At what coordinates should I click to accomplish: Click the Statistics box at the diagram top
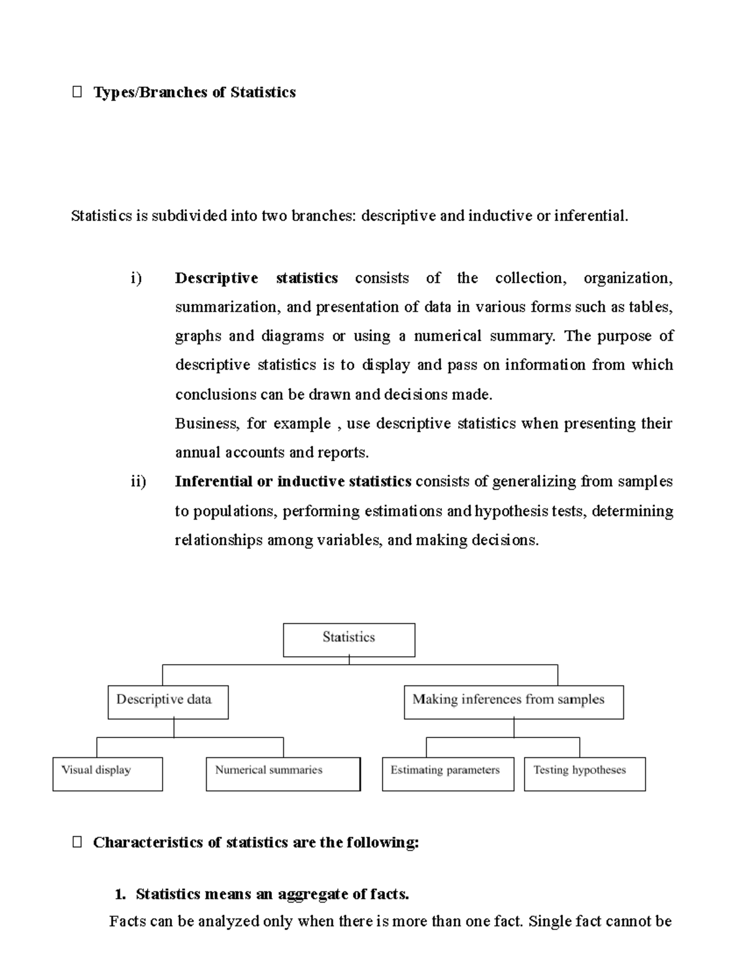coord(349,640)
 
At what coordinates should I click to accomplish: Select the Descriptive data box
coord(168,702)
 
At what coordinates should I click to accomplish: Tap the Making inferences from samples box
coord(513,702)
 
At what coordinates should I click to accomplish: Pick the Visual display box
coord(107,773)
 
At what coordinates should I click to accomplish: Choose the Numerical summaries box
coord(283,773)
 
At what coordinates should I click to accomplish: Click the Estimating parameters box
coord(448,773)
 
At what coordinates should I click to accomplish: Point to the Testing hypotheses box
coord(584,773)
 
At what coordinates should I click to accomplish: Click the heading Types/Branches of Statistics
coord(194,92)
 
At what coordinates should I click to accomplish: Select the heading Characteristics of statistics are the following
coord(256,842)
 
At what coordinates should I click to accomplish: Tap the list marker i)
coord(136,278)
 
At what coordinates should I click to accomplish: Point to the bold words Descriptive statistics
coord(256,278)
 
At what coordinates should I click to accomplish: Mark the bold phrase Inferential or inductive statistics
coord(293,482)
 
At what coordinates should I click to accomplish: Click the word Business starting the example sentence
coord(207,423)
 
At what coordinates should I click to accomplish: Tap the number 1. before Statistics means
coord(120,894)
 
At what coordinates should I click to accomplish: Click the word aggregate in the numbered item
coord(312,894)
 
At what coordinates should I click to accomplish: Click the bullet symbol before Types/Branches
coord(77,92)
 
